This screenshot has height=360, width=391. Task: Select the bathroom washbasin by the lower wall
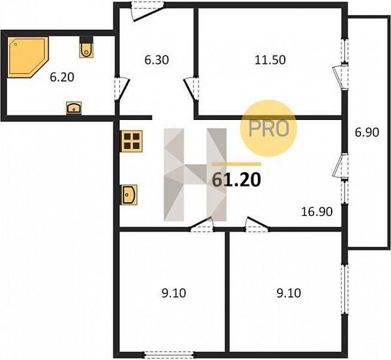coord(74,108)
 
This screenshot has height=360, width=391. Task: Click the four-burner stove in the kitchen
coord(132,142)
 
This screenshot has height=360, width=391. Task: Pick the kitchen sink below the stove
coord(129,194)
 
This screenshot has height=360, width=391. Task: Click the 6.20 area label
coord(62,78)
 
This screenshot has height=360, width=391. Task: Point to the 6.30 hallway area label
coord(156,60)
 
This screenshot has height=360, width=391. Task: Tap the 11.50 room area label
coord(270,60)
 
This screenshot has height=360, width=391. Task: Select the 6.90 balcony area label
coord(367,132)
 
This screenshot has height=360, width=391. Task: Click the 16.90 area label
coord(317,212)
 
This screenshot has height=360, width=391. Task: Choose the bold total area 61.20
coord(236,179)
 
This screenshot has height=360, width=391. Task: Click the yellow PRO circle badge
coord(268,128)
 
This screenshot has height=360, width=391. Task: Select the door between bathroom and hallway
coord(123,89)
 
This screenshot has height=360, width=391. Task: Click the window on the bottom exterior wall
coord(169,354)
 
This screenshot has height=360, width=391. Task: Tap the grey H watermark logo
coord(195,175)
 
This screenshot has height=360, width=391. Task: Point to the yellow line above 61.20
coord(236,164)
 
